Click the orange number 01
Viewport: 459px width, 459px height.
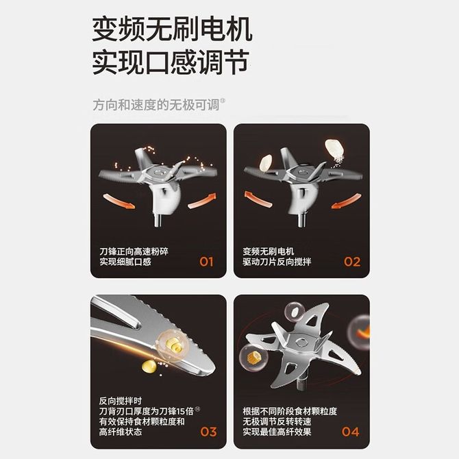(206, 262)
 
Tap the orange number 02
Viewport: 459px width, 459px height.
(352, 262)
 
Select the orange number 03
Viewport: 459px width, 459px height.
(208, 432)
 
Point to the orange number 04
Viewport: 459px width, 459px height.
(350, 432)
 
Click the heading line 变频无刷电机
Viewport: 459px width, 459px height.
(172, 29)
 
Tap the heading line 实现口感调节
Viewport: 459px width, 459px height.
(171, 62)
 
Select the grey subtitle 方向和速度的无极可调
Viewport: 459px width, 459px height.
(156, 105)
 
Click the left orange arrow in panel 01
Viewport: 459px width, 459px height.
(119, 201)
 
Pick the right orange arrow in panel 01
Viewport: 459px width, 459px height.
(202, 201)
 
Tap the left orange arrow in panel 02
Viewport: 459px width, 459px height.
(258, 199)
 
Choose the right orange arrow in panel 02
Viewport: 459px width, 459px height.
(346, 201)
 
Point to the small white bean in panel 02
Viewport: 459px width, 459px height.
(266, 163)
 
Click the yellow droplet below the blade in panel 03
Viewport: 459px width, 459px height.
(149, 367)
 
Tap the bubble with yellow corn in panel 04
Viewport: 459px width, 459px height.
(253, 358)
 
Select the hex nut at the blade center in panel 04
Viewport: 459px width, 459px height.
(300, 342)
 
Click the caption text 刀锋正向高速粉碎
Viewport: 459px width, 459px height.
(134, 251)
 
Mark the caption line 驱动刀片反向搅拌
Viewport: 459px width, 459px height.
(277, 262)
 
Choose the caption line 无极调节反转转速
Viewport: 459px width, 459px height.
(277, 421)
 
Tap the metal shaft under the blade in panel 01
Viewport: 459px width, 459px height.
(158, 220)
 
